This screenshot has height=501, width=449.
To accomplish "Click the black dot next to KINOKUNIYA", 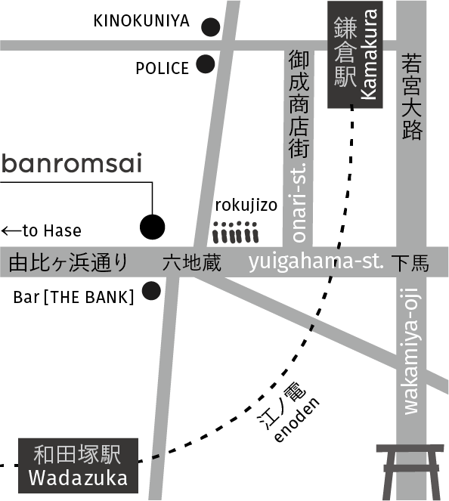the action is coord(211,27).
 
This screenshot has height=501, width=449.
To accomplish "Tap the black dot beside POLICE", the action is coord(205,64).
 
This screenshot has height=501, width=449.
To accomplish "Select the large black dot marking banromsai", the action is coord(153,227).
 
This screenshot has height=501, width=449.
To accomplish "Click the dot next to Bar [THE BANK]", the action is coord(151,291).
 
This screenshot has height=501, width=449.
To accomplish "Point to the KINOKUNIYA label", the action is coord(141,21).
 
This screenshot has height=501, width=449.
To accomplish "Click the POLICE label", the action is coord(163,68).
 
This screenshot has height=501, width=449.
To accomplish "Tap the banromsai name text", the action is coord(72,163).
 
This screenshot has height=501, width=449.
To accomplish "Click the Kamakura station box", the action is coord(355,54).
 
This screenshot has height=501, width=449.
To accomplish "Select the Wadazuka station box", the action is coord(79,465).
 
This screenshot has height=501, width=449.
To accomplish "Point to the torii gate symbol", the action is coord(410,472).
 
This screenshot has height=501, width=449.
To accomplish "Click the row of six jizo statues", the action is coord(236,232).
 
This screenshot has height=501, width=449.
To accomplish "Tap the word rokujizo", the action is coord(246,206).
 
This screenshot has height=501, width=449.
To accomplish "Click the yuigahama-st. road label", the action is coord(316,262).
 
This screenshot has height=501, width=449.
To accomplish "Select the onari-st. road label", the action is coord(299,203).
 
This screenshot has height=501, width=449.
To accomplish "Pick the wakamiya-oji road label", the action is coord(411,351).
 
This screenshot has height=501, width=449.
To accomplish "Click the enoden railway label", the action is coord(297,419).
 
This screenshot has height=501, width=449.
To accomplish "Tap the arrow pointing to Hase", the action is coord(11,230).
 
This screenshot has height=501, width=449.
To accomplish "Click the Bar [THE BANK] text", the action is coord(73,297).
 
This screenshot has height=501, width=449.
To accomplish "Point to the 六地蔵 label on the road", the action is coord(192,263).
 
